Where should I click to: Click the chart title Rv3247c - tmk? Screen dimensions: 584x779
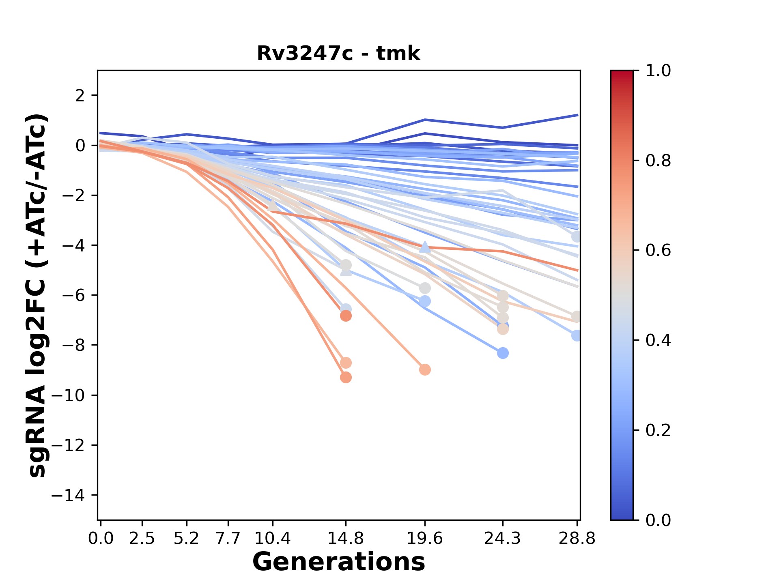338,54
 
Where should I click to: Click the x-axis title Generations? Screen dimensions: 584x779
338,562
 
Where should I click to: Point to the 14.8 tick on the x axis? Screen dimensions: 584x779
346,539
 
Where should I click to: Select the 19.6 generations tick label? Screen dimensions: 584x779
425,539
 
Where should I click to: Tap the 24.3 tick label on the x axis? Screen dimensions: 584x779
503,539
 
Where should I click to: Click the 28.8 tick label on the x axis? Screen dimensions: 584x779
577,539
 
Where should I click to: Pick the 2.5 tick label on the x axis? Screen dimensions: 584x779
142,539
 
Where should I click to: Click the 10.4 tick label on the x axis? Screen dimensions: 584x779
272,539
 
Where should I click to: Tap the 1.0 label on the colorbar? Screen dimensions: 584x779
658,71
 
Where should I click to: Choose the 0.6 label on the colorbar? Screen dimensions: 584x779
658,250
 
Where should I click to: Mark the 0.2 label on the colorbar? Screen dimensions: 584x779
658,430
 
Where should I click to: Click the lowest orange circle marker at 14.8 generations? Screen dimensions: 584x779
346,378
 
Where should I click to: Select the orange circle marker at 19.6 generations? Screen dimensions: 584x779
425,370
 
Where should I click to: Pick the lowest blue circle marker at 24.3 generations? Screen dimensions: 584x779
503,353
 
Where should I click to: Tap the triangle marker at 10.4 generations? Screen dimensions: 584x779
273,205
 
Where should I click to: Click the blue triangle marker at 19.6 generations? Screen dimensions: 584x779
425,247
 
